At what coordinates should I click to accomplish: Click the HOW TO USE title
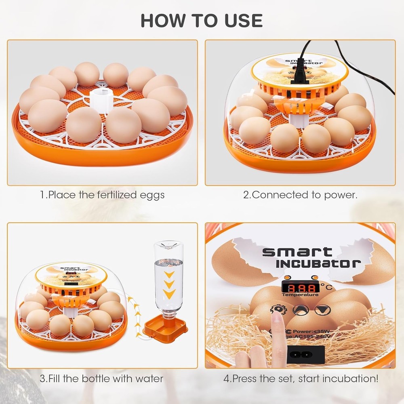tap(202, 21)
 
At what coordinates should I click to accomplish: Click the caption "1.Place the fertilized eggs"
tap(102, 195)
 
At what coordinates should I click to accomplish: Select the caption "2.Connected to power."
tap(300, 195)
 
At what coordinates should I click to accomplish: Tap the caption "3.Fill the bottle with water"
tap(102, 379)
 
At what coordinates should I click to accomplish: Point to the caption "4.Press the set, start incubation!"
tap(301, 379)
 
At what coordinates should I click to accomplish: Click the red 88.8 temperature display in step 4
tap(299, 288)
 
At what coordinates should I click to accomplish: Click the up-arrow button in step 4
tap(300, 310)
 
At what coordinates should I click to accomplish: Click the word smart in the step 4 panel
tap(297, 252)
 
